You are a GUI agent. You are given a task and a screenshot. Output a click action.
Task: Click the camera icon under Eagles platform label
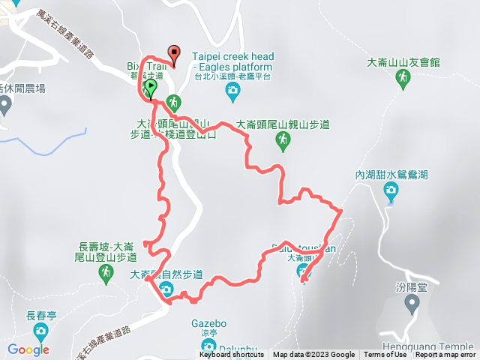232,91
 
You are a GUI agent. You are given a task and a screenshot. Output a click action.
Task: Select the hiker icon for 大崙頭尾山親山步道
283,139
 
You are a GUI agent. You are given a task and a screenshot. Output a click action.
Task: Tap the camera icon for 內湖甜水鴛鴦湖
391,192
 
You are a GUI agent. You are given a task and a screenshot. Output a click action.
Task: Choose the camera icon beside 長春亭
40,331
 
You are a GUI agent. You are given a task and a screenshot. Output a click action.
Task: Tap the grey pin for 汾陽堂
411,303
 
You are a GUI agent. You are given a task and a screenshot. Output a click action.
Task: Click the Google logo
28,349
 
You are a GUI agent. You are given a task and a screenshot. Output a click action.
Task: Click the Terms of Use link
385,355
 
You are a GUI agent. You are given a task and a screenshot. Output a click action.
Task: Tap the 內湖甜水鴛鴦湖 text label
391,174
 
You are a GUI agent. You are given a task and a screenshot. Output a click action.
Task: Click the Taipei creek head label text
232,56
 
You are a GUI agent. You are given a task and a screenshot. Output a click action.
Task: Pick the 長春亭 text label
41,315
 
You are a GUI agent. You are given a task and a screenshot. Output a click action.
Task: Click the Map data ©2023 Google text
314,355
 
